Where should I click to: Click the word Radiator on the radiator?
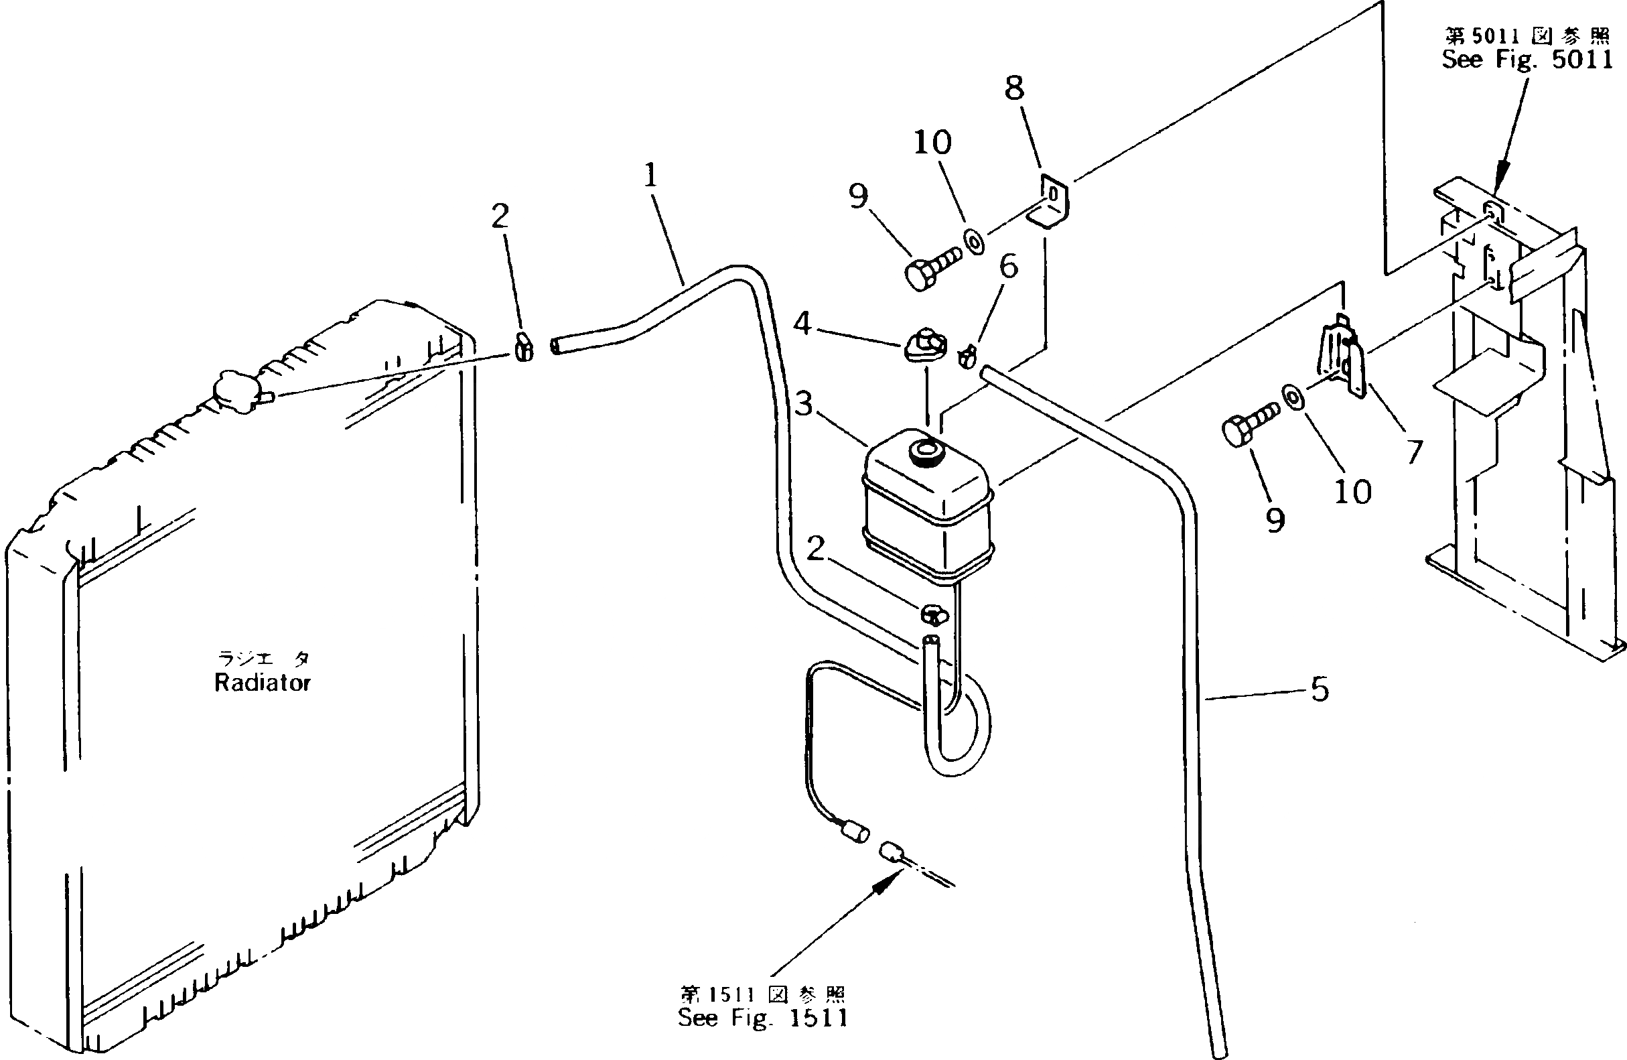point(263,683)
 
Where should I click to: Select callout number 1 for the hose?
point(650,176)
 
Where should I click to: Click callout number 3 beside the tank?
point(804,403)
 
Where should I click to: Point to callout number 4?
point(802,323)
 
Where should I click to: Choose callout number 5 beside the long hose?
point(1320,689)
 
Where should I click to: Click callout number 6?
point(1008,266)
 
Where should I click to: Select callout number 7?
point(1414,452)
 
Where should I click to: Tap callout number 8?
point(1015,88)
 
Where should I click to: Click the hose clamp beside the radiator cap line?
point(524,346)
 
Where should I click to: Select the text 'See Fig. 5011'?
point(1526,60)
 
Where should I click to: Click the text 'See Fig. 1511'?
point(762,1018)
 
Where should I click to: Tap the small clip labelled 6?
point(968,356)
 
